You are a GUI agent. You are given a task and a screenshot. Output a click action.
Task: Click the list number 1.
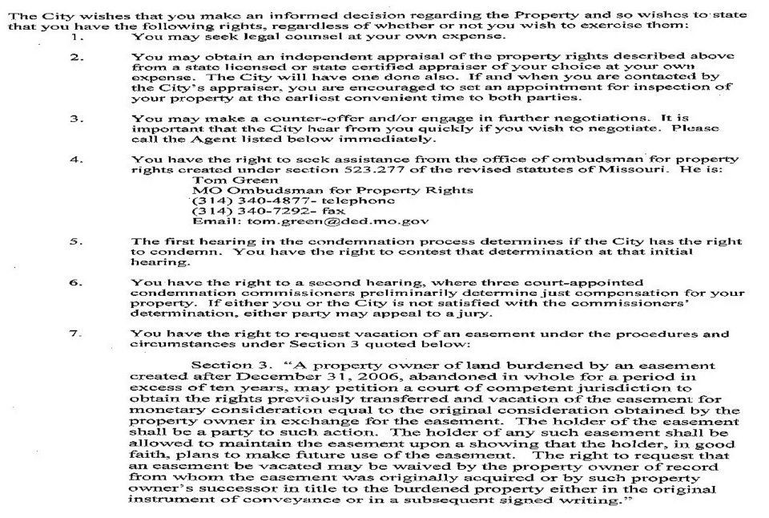point(75,37)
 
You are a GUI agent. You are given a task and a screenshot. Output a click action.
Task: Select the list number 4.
point(75,159)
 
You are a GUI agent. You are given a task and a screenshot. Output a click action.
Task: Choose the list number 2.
point(75,57)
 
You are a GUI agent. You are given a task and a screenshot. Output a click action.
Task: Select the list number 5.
point(75,241)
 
